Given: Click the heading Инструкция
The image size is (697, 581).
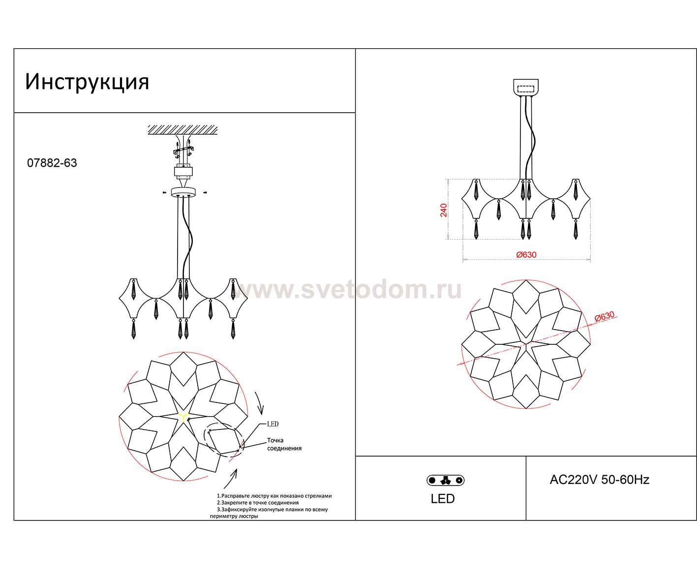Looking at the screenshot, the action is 87,82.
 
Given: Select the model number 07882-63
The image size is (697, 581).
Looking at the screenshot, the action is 52,163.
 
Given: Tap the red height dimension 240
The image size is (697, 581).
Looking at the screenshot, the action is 443,211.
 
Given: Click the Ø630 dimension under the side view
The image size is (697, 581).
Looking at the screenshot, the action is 526,255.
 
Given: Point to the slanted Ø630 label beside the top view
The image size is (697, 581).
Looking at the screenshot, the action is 605,316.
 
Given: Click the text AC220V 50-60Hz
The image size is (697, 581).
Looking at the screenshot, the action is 600,480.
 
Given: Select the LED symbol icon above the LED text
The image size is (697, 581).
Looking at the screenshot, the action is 445,480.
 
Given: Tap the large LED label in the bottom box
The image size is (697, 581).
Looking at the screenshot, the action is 443,499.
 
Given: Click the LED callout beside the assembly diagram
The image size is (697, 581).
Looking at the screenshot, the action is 273,424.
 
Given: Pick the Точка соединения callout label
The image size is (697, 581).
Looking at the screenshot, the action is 284,444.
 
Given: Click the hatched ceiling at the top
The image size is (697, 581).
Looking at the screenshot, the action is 182,130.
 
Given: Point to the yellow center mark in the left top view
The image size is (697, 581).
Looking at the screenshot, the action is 183,417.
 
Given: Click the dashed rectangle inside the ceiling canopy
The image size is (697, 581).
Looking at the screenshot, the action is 526,89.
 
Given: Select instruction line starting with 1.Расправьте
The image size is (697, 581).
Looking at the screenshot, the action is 274,496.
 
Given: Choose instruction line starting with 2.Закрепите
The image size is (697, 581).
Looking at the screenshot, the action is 258,502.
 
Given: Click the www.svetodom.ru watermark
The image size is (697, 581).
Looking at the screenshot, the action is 347,289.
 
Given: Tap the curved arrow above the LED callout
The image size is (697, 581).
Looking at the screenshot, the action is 260,403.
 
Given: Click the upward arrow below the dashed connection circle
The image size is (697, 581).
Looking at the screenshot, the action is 231,479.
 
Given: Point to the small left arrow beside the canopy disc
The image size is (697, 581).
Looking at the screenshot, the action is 164,192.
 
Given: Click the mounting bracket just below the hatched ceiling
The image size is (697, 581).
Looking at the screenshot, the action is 183,150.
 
